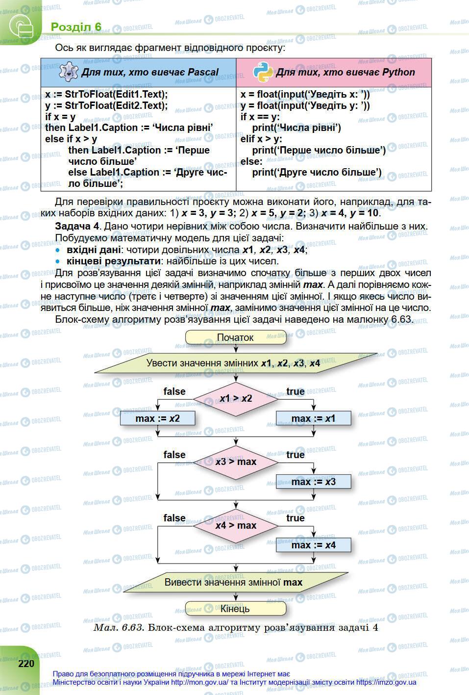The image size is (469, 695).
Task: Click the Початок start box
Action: [235, 337]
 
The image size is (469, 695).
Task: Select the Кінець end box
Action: [235, 609]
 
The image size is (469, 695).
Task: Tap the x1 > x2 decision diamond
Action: [235, 398]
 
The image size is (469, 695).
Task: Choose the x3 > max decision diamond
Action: [235, 462]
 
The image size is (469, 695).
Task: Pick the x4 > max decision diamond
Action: [235, 525]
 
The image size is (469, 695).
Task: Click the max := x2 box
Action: [157, 418]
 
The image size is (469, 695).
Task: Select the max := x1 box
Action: [313, 418]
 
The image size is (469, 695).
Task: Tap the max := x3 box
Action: [313, 482]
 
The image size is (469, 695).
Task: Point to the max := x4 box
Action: [313, 545]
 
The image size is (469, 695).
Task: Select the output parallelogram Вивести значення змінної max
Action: [233, 582]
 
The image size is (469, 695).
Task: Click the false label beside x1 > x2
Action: [174, 391]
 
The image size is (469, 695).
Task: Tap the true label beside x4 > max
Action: [296, 518]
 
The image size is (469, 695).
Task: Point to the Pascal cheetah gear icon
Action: [68, 72]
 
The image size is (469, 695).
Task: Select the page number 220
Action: [26, 664]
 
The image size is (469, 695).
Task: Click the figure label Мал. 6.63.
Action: [119, 627]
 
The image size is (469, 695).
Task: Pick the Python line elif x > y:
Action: [261, 139]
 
